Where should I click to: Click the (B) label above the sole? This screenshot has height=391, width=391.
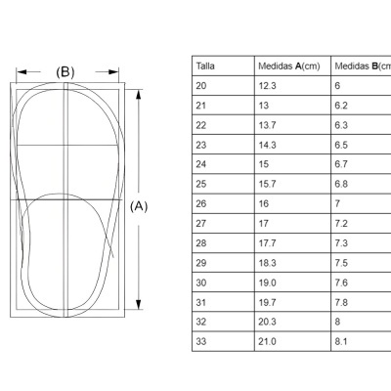65,72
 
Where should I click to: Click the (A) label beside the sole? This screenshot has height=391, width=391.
139,206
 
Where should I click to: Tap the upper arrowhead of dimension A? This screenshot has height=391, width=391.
139,94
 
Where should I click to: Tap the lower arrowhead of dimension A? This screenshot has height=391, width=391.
139,304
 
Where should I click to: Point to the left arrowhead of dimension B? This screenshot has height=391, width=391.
22,72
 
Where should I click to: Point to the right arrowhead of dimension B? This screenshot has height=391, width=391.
113,72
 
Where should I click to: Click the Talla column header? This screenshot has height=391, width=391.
205,66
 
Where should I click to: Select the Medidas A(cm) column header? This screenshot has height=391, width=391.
289,66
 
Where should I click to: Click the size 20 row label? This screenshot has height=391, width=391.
201,86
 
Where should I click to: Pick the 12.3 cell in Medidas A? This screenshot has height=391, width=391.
268,86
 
